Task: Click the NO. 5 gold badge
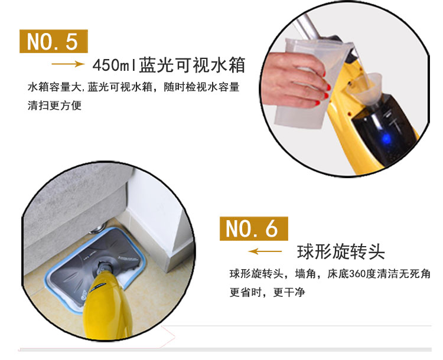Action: [x=54, y=41]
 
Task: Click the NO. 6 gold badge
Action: [x=254, y=228]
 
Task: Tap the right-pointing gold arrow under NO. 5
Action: [x=68, y=64]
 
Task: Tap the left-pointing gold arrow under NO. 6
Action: [x=265, y=251]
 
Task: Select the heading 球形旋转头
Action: [x=341, y=252]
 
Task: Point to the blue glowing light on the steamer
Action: [x=386, y=138]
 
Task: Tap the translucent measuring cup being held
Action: [x=311, y=82]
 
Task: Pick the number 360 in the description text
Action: [x=358, y=274]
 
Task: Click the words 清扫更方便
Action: [x=54, y=105]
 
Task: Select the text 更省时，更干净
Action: [x=267, y=292]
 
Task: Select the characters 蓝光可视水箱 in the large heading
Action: [x=192, y=65]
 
